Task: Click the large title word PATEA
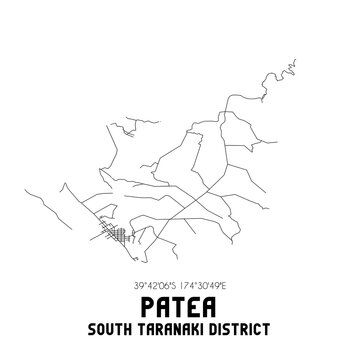(x=179, y=303)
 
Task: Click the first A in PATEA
(x=161, y=303)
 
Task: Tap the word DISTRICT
(x=253, y=328)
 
